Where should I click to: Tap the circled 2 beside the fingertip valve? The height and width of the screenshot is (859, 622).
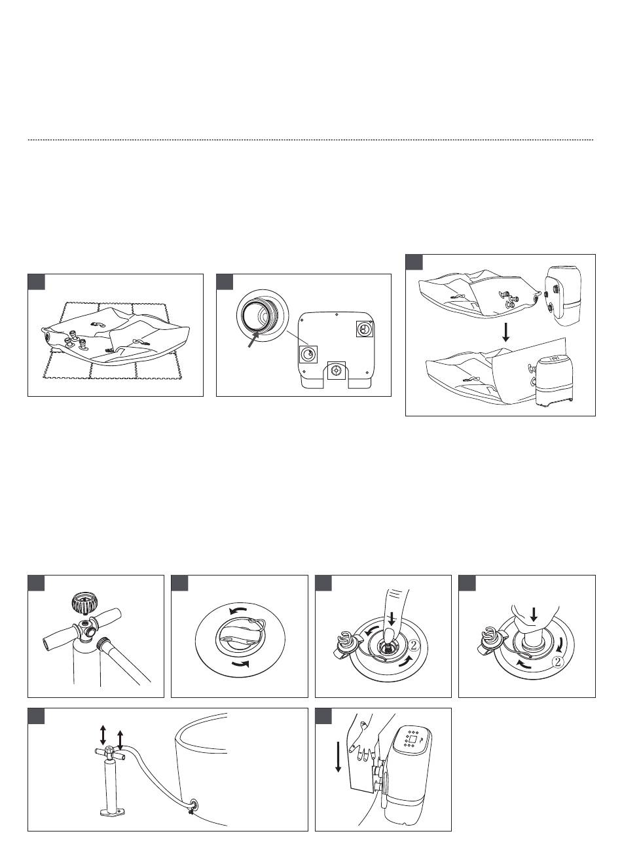pos(413,646)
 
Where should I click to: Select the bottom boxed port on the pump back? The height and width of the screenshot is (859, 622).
pos(337,370)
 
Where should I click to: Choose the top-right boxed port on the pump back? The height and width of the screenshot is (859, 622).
pos(364,328)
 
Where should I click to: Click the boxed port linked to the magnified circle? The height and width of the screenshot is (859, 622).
pos(308,354)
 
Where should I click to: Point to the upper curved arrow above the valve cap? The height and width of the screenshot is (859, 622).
pos(238,610)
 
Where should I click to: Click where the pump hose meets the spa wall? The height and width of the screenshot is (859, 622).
pos(192,802)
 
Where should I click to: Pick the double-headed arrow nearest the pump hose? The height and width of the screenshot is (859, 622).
pos(120,740)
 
